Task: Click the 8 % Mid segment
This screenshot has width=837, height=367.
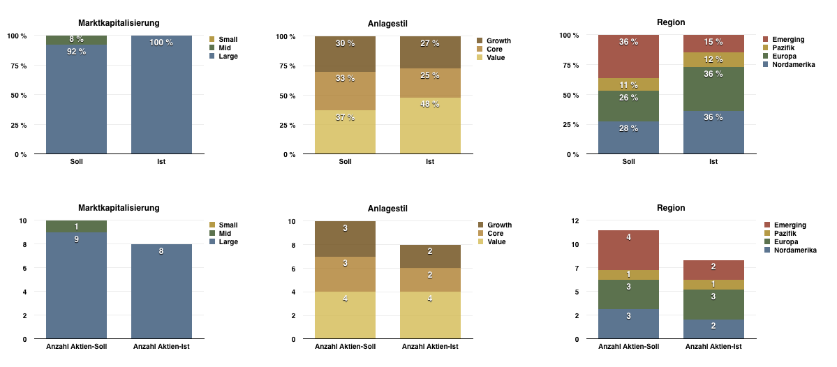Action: pyautogui.click(x=77, y=40)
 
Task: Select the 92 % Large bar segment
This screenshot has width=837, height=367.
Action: pyautogui.click(x=77, y=98)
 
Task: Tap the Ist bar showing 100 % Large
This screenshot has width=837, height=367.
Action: pyautogui.click(x=161, y=94)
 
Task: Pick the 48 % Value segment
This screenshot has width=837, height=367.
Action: pyautogui.click(x=430, y=126)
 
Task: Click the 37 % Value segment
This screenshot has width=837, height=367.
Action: pyautogui.click(x=345, y=132)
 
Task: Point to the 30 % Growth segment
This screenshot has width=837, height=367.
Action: pyautogui.click(x=345, y=54)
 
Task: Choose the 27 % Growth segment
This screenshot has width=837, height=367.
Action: pyautogui.click(x=430, y=52)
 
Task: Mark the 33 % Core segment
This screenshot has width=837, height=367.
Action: pyautogui.click(x=345, y=91)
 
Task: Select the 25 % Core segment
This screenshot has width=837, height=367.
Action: pyautogui.click(x=430, y=83)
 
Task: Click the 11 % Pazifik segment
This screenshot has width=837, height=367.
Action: pyautogui.click(x=628, y=84)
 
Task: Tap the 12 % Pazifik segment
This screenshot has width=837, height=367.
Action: pyautogui.click(x=713, y=60)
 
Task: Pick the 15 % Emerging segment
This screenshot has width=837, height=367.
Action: pyautogui.click(x=713, y=44)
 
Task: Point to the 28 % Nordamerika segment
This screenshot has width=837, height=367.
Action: pyautogui.click(x=628, y=137)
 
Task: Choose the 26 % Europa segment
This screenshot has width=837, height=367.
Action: pyautogui.click(x=628, y=106)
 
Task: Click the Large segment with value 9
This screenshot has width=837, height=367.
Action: pyautogui.click(x=77, y=285)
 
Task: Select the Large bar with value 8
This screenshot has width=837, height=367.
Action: pyautogui.click(x=161, y=292)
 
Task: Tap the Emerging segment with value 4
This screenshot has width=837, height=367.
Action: pyautogui.click(x=628, y=250)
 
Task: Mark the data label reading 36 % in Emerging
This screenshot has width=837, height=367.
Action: pyautogui.click(x=628, y=42)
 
